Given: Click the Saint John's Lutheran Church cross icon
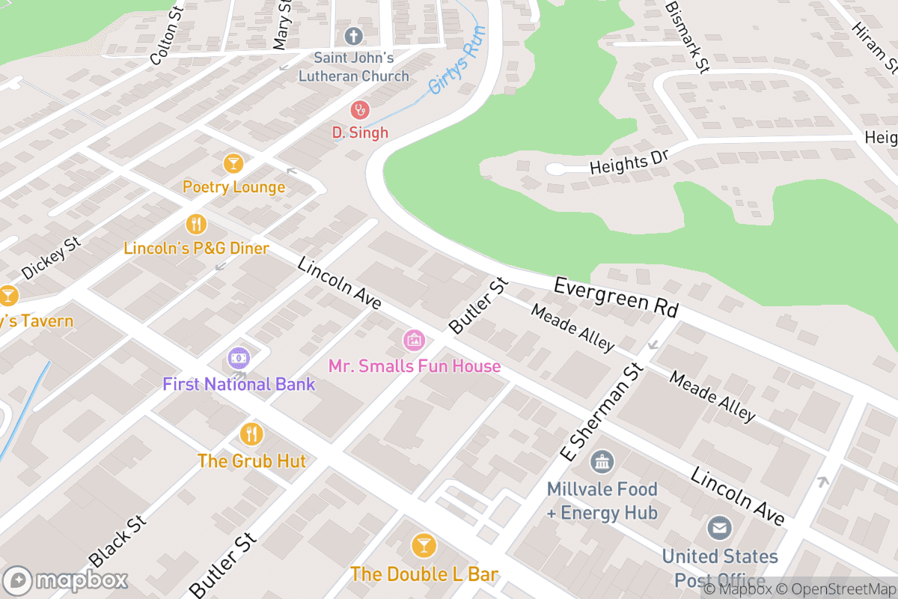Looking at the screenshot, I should [x=353, y=35].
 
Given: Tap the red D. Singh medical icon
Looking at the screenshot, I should [x=360, y=110].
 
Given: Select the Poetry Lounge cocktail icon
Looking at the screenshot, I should [x=233, y=163].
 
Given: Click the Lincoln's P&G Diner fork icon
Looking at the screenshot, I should [x=196, y=224].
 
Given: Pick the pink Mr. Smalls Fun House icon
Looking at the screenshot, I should [x=413, y=341].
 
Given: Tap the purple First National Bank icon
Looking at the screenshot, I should [x=239, y=359].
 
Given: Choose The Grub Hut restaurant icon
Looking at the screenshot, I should [x=251, y=434].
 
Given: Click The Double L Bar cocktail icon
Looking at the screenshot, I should [x=424, y=546].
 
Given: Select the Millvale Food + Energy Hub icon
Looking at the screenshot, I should [x=602, y=462].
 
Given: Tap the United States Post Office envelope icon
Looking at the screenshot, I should [x=719, y=529].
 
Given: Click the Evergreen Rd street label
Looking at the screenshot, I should [x=616, y=297].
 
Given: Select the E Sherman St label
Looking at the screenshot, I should [x=602, y=411].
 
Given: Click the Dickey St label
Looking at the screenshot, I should [x=51, y=259].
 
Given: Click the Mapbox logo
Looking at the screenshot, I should [x=65, y=580].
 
